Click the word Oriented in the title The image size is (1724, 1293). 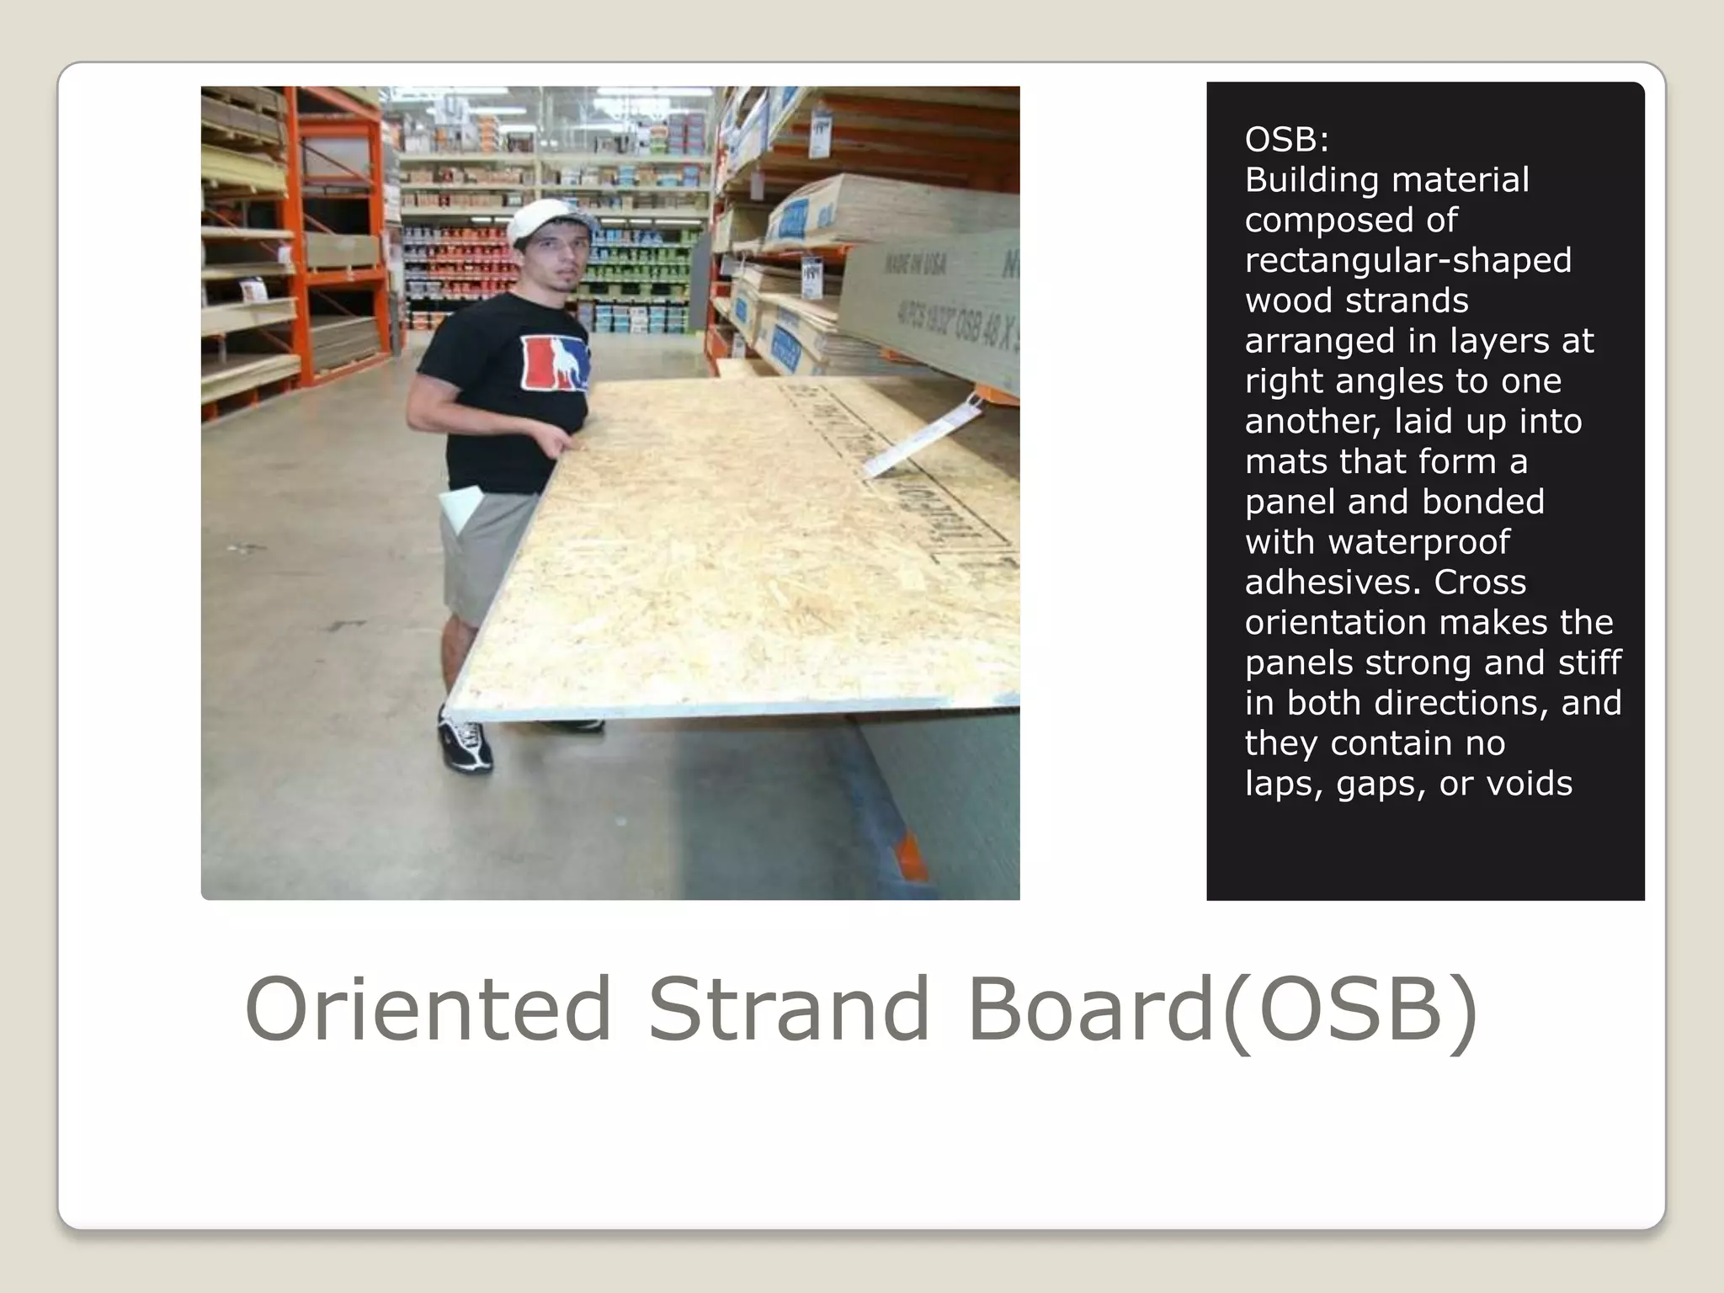(x=428, y=1008)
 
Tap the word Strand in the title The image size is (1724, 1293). (x=789, y=1008)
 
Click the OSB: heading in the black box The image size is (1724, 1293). (x=1286, y=140)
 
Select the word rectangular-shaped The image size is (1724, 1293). (x=1407, y=260)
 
